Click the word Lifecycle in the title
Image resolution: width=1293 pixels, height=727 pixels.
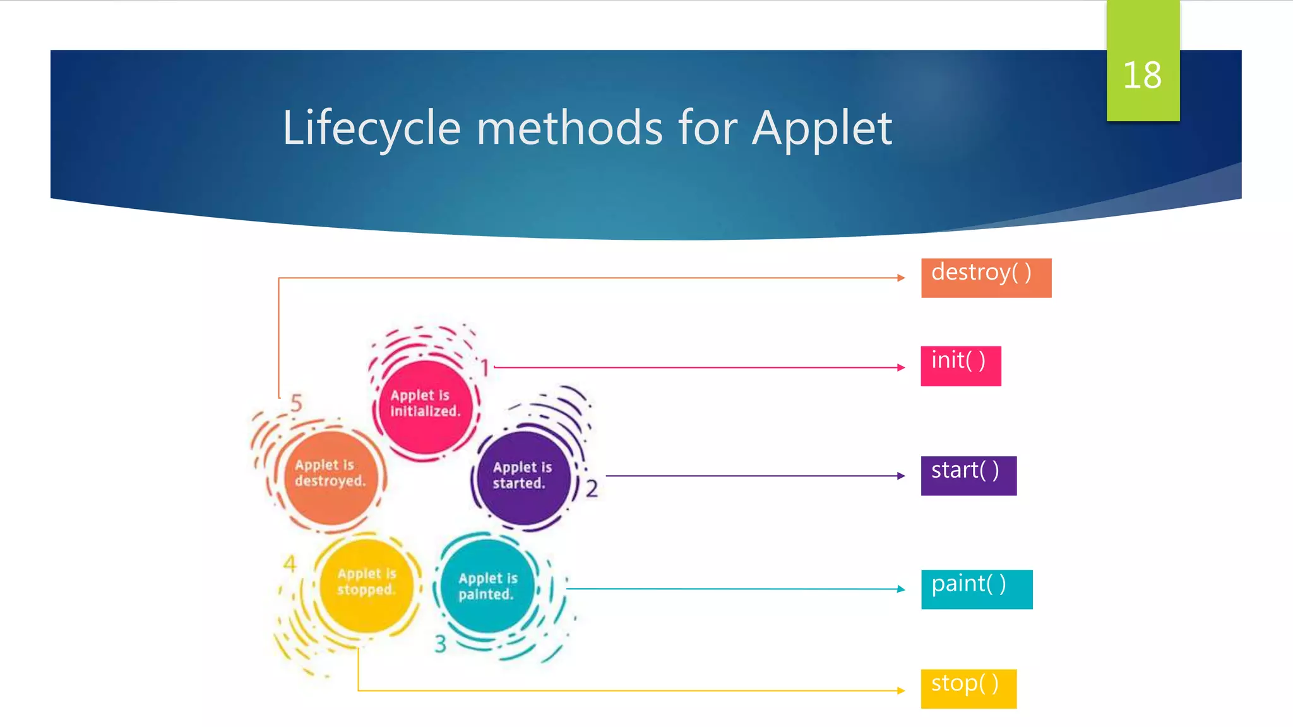(x=371, y=128)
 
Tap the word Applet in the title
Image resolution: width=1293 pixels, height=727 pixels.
(x=821, y=128)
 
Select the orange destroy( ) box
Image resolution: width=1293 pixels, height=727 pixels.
(x=986, y=278)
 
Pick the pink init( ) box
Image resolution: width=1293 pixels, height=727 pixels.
(x=960, y=366)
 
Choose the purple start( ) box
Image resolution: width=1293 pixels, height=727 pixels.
(x=968, y=476)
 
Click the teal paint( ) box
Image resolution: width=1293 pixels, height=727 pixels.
(x=976, y=589)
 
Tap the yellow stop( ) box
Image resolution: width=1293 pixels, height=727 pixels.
(x=968, y=689)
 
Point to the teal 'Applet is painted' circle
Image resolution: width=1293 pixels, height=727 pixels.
(x=487, y=587)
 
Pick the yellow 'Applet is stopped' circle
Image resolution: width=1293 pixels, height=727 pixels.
(x=366, y=583)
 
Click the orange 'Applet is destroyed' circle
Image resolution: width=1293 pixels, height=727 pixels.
(x=330, y=475)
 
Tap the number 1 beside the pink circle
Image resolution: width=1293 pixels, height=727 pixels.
(x=484, y=367)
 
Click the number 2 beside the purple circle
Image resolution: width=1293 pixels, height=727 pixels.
(x=592, y=488)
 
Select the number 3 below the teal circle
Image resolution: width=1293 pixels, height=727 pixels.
(x=440, y=644)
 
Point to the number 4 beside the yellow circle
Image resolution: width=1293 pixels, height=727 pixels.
(x=290, y=564)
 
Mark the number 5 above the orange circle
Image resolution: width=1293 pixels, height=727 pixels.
(x=296, y=403)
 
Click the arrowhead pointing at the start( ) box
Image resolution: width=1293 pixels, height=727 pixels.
(x=901, y=476)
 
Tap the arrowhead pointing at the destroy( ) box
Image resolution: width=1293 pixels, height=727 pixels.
(x=901, y=278)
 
